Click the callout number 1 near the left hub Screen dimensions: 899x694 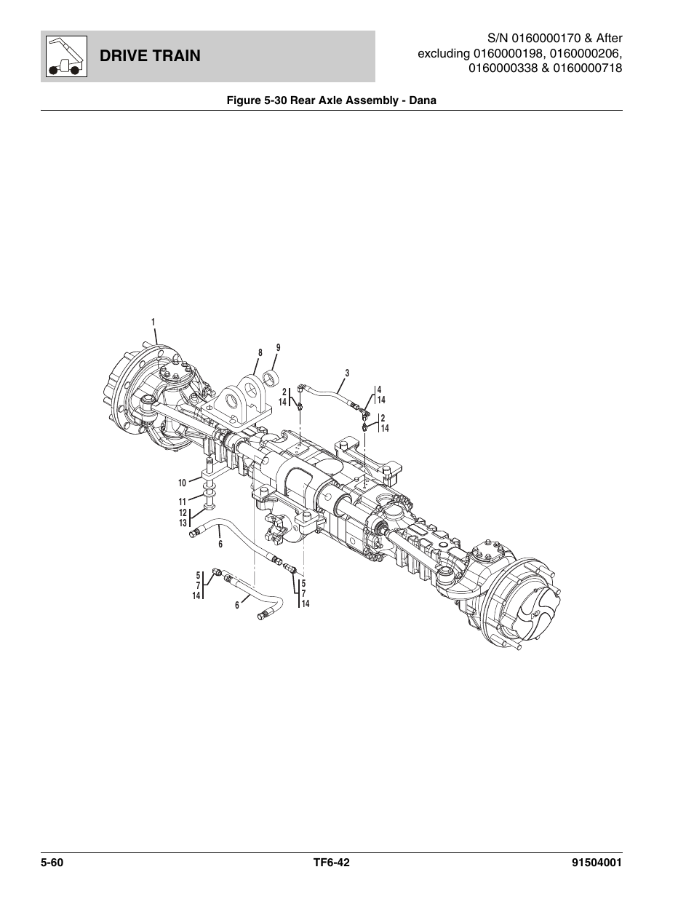[x=153, y=322]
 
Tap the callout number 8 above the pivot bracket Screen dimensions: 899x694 [x=259, y=353]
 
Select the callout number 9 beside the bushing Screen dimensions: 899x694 [x=278, y=347]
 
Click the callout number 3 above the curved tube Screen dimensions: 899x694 [x=347, y=373]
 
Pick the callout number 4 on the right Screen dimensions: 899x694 [x=379, y=390]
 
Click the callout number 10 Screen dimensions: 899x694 [x=183, y=483]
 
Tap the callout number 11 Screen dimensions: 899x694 [x=183, y=501]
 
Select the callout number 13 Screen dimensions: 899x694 [x=183, y=523]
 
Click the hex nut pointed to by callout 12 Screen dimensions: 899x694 [x=208, y=505]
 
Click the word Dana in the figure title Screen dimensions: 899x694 [x=421, y=100]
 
